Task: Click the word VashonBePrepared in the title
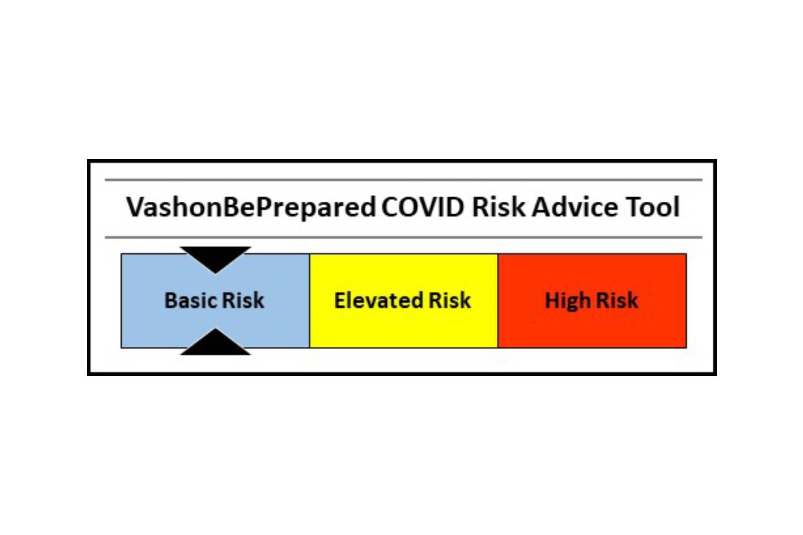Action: [x=250, y=207]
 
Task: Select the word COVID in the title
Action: [x=423, y=207]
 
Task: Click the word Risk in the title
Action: [x=498, y=207]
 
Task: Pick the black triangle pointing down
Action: [x=215, y=257]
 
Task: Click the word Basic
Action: [x=190, y=301]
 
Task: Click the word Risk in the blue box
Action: [x=243, y=301]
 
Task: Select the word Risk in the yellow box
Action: [x=450, y=301]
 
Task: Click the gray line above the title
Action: [x=404, y=180]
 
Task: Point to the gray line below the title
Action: [x=404, y=237]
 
